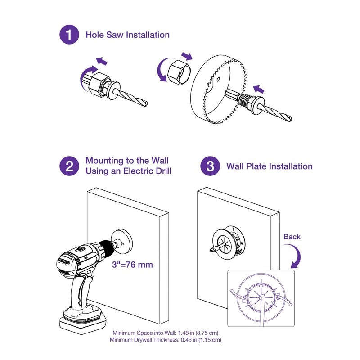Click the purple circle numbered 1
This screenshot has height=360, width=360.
pyautogui.click(x=69, y=35)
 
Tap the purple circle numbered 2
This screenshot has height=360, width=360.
pyautogui.click(x=69, y=166)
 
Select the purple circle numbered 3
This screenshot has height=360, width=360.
pyautogui.click(x=210, y=166)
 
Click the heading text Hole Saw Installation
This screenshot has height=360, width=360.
pyautogui.click(x=128, y=35)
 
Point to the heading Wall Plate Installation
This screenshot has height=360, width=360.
pyautogui.click(x=270, y=166)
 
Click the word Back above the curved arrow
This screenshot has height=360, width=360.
pyautogui.click(x=292, y=237)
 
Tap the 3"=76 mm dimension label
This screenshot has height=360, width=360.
pyautogui.click(x=132, y=265)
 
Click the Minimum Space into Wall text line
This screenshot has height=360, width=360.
pyautogui.click(x=165, y=333)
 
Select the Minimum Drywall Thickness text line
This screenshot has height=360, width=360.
pyautogui.click(x=165, y=340)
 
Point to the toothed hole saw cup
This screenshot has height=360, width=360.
pyautogui.click(x=219, y=89)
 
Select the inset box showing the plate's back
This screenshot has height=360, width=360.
pyautogui.click(x=261, y=298)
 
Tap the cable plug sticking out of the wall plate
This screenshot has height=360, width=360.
pyautogui.click(x=214, y=249)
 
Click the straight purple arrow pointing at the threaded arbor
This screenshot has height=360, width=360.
pyautogui.click(x=259, y=89)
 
